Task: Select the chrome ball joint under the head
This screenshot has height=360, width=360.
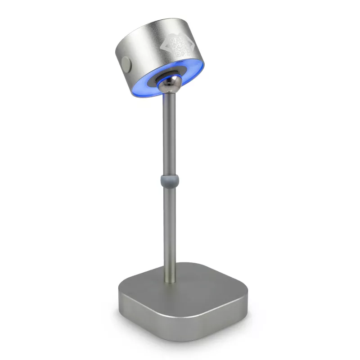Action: (x=170, y=84)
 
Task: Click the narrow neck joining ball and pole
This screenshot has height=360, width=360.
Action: (x=171, y=94)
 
